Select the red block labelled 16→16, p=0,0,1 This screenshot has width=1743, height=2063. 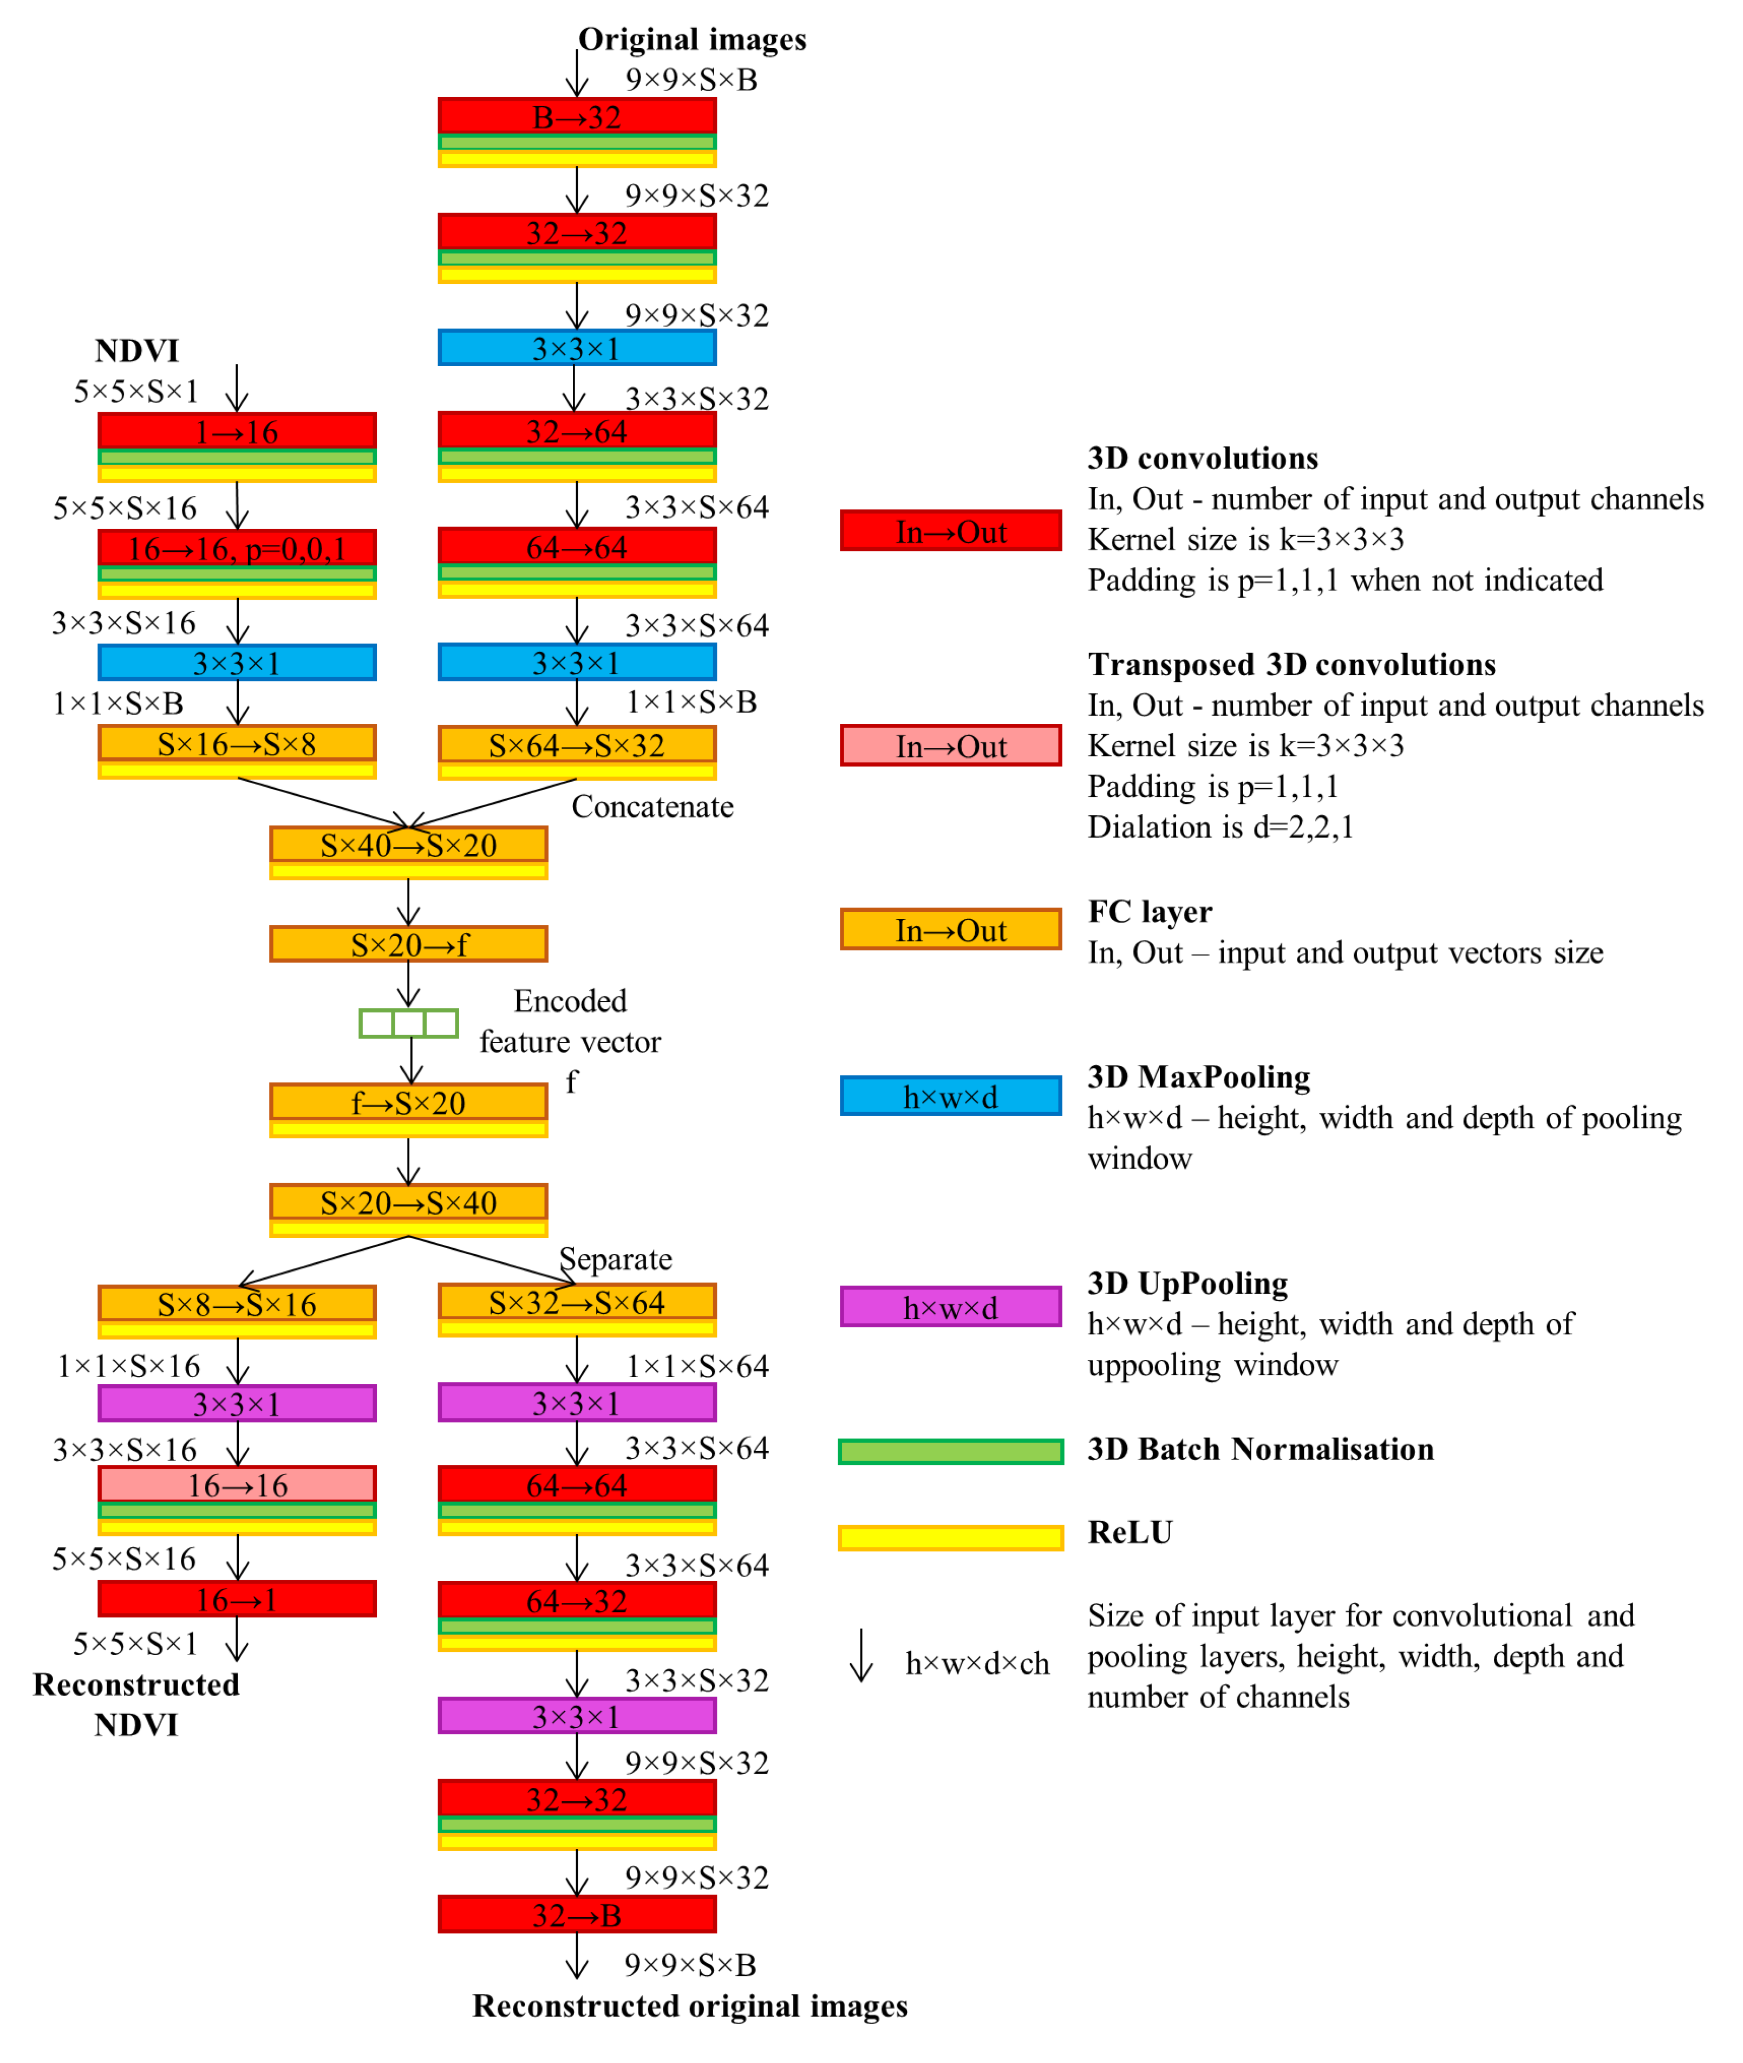click(237, 548)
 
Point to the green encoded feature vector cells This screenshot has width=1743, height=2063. click(408, 1023)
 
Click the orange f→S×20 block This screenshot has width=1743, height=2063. click(408, 1102)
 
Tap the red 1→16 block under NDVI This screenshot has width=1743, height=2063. click(237, 432)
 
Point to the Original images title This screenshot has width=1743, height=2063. click(691, 40)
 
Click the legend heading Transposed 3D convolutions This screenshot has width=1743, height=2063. click(1291, 664)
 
